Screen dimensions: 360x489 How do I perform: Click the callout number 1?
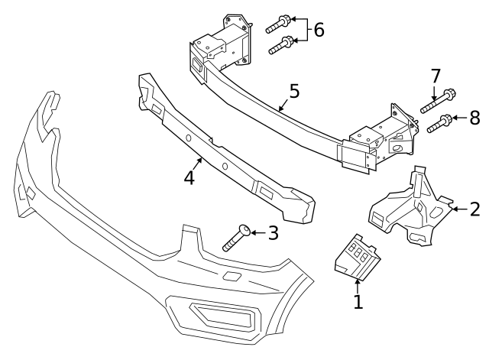(x=358, y=301)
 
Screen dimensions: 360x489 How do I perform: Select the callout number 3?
(x=273, y=232)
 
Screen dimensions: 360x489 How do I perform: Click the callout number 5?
(x=294, y=92)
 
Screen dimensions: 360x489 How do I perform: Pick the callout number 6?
(x=319, y=30)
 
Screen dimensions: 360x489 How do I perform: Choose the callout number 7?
(x=436, y=76)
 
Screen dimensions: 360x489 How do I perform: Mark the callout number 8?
(x=474, y=118)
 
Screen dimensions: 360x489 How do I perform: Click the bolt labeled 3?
(x=236, y=238)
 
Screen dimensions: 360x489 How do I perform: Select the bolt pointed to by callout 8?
(x=438, y=123)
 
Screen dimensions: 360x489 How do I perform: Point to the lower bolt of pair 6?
(x=280, y=45)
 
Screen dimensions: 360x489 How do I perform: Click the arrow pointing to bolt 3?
(x=257, y=232)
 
